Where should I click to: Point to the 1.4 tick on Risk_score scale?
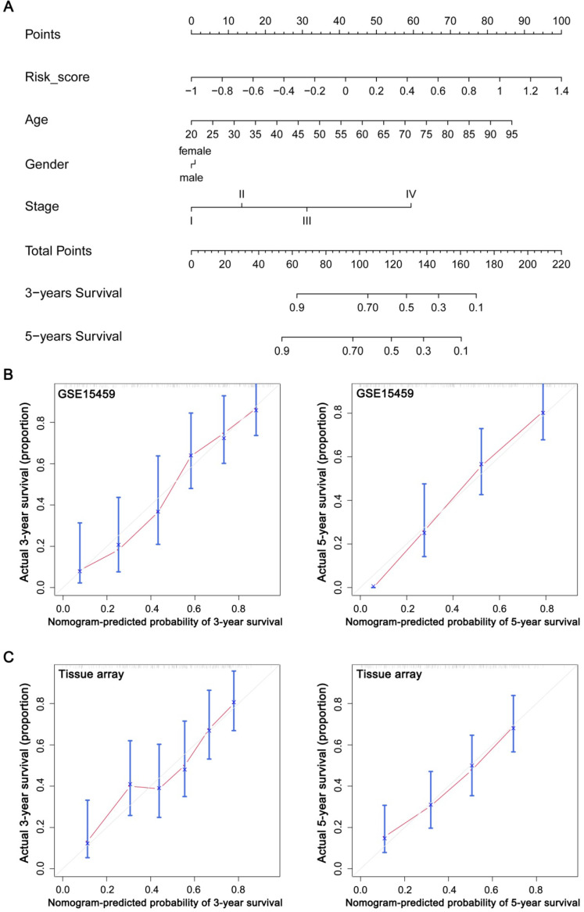pyautogui.click(x=561, y=91)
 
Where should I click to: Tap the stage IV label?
pyautogui.click(x=410, y=194)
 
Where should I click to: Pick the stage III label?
pyautogui.click(x=306, y=221)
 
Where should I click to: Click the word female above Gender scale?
pyautogui.click(x=194, y=150)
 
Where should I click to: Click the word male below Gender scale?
pyautogui.click(x=191, y=177)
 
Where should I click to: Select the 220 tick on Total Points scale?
pyautogui.click(x=561, y=265)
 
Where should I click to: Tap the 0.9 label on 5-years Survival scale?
pyautogui.click(x=282, y=352)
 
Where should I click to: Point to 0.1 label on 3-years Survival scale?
pyautogui.click(x=475, y=309)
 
